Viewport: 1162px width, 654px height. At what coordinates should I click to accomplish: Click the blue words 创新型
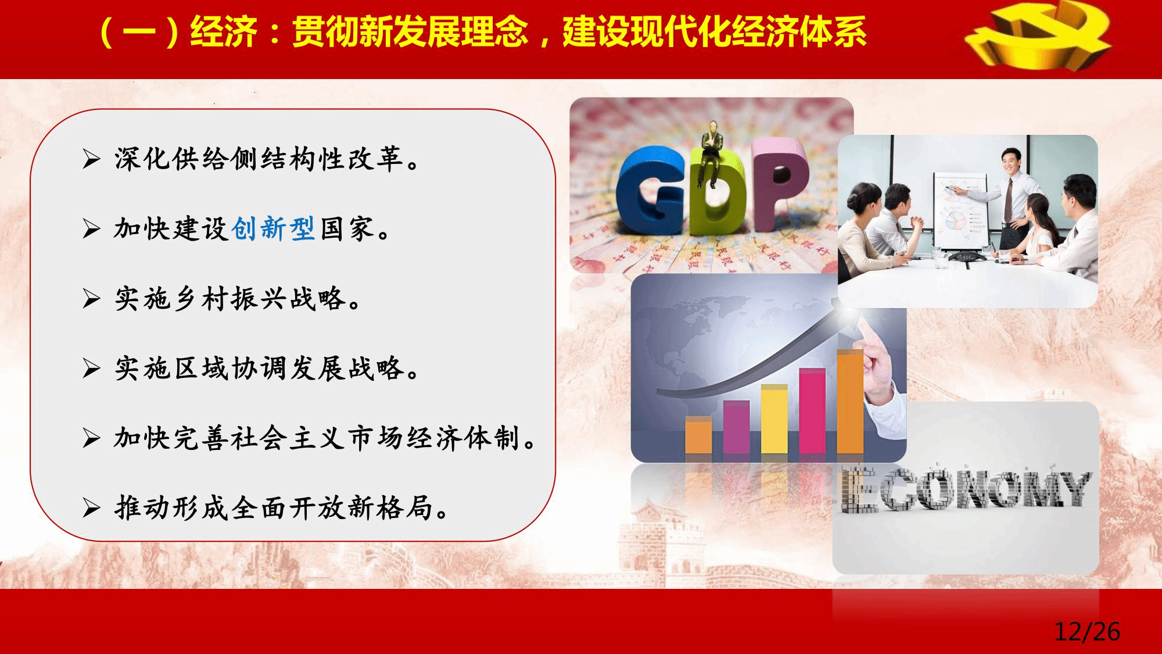click(x=273, y=228)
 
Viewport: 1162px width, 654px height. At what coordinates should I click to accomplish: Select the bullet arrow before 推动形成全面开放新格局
click(x=91, y=508)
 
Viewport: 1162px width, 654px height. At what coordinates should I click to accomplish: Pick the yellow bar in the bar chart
click(x=774, y=419)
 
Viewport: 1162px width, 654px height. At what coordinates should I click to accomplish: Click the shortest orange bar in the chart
click(x=698, y=435)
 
